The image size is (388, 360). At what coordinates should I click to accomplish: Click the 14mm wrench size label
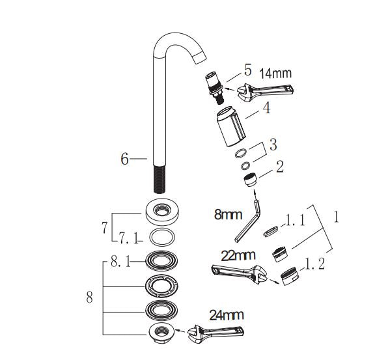[x=276, y=73]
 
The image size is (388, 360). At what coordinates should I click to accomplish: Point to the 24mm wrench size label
[x=227, y=315]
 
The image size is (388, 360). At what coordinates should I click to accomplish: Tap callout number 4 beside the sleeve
[x=266, y=111]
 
